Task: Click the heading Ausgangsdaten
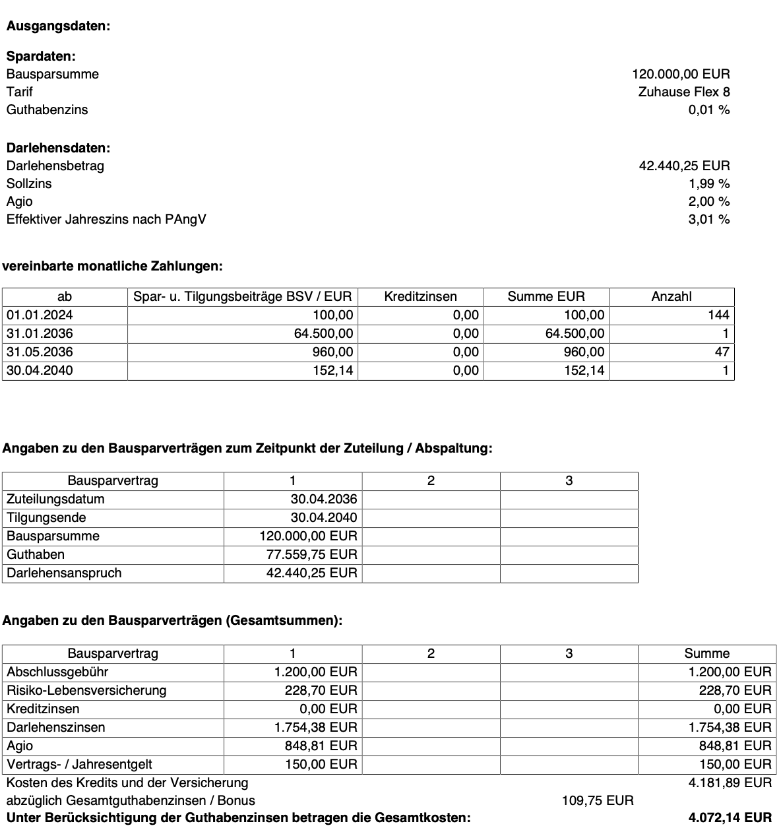click(58, 26)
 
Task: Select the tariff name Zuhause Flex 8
click(683, 92)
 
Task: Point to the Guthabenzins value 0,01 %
click(708, 110)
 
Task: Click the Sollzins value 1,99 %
click(708, 184)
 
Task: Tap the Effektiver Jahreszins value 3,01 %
click(708, 220)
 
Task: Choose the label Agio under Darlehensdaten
click(19, 202)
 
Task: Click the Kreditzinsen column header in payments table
click(420, 297)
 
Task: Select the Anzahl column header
click(671, 297)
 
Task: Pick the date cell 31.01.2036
click(40, 334)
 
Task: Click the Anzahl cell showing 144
click(718, 315)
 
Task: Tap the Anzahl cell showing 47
click(722, 352)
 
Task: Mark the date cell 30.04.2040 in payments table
click(40, 371)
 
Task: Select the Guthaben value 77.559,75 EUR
click(311, 555)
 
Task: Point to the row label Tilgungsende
click(46, 518)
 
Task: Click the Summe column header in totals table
click(706, 654)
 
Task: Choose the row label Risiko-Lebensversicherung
click(86, 691)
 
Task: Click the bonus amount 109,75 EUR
click(597, 801)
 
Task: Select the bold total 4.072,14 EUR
click(730, 818)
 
